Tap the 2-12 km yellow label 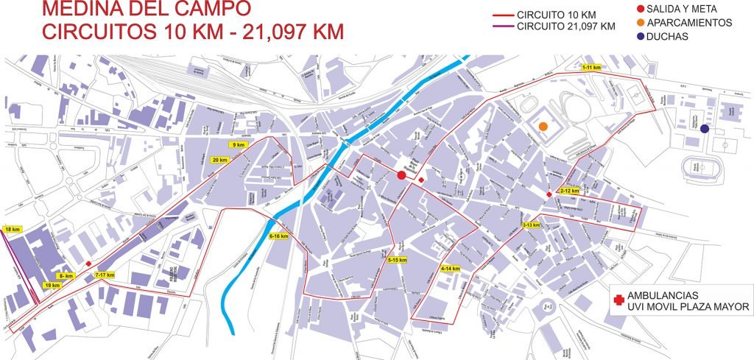569,191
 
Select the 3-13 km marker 531,225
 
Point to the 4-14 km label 450,269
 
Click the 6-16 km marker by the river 279,236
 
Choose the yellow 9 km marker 238,145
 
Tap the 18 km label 13,230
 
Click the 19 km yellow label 52,285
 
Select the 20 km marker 219,160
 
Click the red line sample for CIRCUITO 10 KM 503,15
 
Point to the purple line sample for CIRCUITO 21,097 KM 503,27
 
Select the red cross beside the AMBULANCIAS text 617,300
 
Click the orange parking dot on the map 543,126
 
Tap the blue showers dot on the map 705,129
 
